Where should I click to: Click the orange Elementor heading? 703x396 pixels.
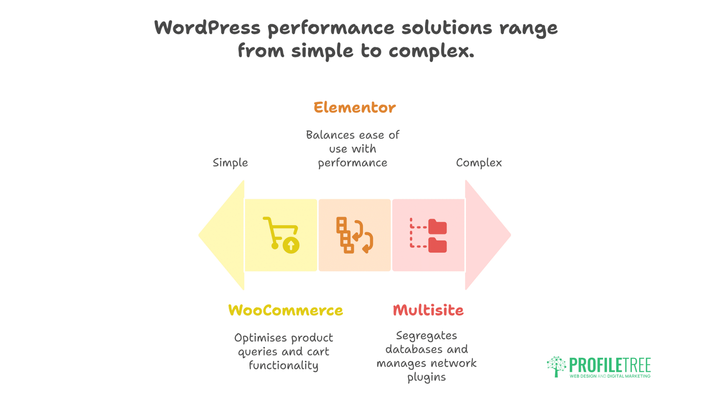(354, 107)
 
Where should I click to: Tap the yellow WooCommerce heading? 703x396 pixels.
(286, 311)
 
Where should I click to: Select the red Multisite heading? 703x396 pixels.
(428, 310)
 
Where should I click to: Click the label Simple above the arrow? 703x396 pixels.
(230, 163)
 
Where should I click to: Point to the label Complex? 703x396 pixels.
(479, 163)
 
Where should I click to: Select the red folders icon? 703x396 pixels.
(428, 235)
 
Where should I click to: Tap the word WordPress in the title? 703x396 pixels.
(207, 28)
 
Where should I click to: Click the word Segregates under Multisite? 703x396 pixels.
(427, 336)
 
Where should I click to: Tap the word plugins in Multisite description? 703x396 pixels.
(427, 377)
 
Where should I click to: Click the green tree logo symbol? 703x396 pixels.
(557, 366)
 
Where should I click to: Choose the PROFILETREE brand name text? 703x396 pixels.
(610, 365)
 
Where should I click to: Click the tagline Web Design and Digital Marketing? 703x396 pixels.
(610, 376)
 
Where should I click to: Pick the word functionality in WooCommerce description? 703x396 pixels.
(284, 366)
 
